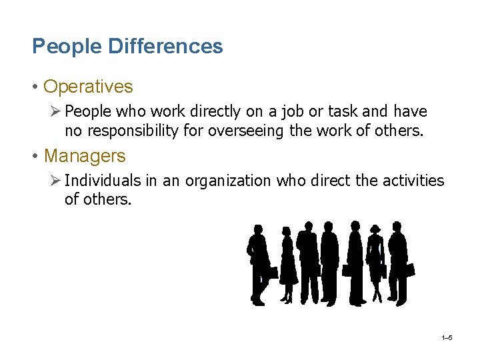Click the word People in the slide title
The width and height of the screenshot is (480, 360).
(x=58, y=47)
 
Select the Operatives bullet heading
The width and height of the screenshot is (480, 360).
(x=88, y=87)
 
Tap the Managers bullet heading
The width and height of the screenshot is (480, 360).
(x=85, y=156)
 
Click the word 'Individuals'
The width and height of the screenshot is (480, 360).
(x=103, y=181)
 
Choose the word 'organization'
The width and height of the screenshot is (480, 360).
(x=227, y=181)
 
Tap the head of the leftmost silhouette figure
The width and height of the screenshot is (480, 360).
(x=257, y=230)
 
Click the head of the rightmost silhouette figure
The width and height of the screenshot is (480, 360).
(x=397, y=228)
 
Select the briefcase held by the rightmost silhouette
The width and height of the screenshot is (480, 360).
(x=409, y=269)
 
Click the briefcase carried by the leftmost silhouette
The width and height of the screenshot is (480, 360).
(x=271, y=271)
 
